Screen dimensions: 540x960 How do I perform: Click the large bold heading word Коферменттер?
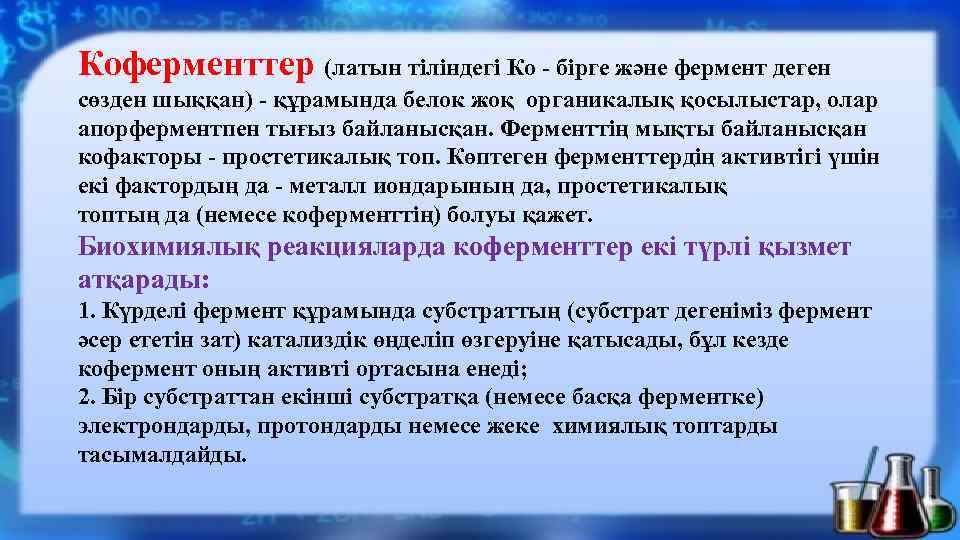click(x=197, y=66)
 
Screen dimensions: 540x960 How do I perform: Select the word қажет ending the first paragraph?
click(x=566, y=215)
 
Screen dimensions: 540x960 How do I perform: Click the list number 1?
click(x=84, y=311)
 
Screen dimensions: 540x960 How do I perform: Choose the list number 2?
click(x=84, y=398)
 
